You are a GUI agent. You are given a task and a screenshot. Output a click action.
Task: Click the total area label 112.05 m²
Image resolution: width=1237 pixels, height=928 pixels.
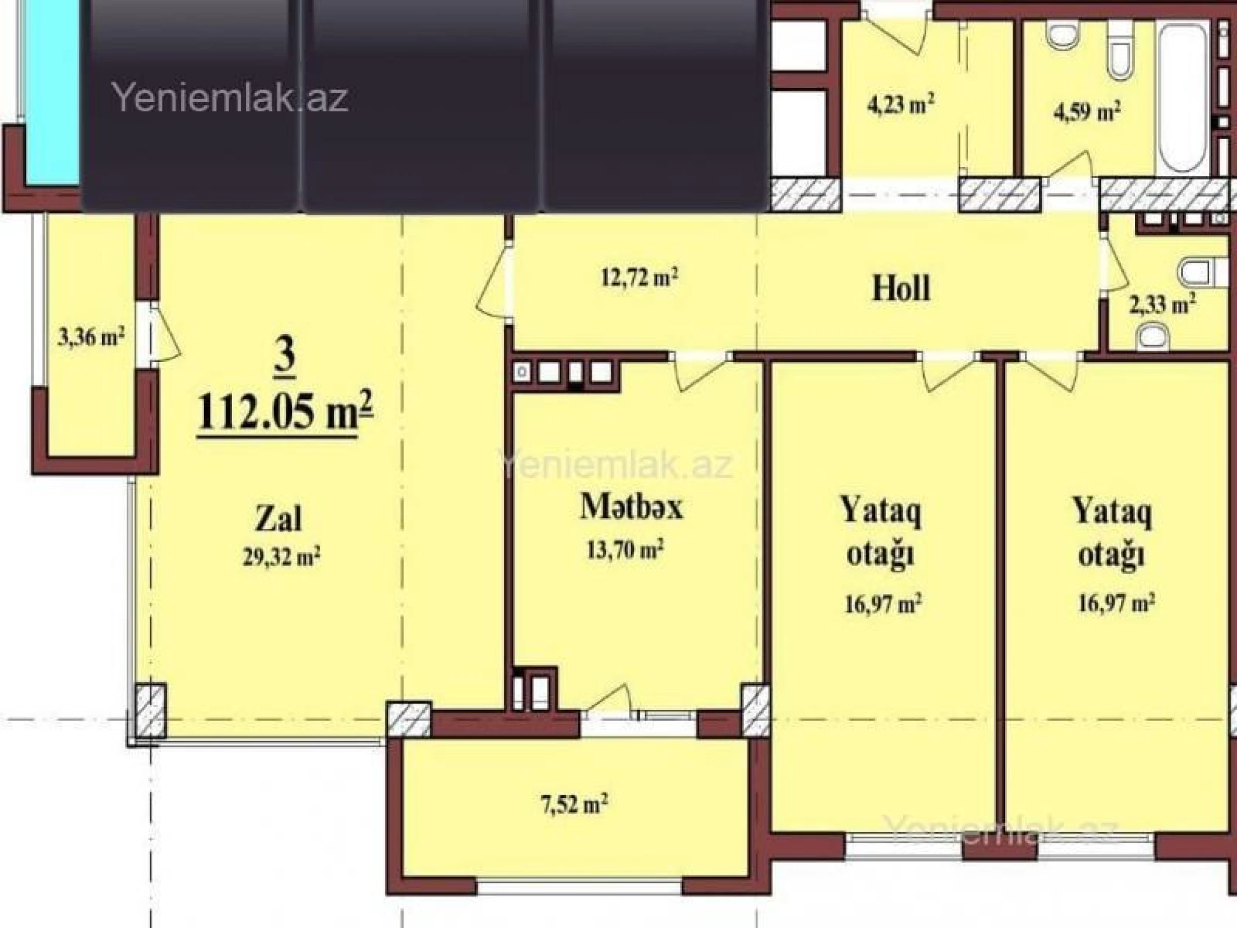click(x=285, y=411)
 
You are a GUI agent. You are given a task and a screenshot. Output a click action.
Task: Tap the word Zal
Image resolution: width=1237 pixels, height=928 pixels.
click(x=278, y=519)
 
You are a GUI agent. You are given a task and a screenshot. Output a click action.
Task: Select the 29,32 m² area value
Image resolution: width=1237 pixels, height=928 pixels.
click(x=281, y=557)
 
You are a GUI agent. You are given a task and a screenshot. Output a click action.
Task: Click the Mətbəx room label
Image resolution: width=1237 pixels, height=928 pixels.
click(x=632, y=506)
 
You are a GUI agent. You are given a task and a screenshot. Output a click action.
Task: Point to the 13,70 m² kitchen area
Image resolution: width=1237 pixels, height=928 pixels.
click(x=625, y=549)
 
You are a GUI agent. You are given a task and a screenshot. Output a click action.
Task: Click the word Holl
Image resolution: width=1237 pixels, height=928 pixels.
click(x=901, y=288)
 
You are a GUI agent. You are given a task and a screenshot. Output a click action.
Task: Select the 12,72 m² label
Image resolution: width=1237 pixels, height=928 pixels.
click(x=639, y=278)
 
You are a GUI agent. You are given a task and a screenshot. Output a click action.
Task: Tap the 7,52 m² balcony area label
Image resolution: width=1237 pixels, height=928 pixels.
click(x=574, y=805)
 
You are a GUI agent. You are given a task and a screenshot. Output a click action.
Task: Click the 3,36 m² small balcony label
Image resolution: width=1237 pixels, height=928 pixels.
click(x=92, y=336)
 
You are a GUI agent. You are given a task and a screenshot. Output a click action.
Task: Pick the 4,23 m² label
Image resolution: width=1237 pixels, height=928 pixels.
click(x=900, y=105)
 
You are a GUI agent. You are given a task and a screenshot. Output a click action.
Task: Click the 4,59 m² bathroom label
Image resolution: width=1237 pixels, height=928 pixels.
click(x=1086, y=111)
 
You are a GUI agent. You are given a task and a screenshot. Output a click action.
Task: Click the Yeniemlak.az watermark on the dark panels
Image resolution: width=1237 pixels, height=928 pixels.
click(x=230, y=97)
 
